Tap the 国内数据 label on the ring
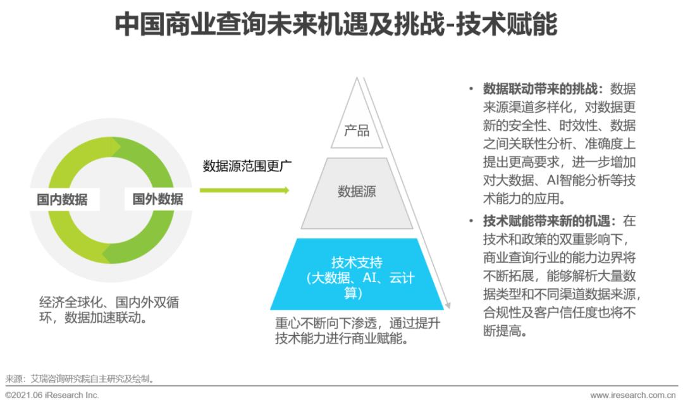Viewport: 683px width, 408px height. (62, 201)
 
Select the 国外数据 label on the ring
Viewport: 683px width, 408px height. (157, 199)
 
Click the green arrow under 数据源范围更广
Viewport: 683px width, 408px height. (244, 190)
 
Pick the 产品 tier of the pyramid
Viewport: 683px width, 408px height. (357, 131)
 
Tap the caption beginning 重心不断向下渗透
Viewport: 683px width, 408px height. (357, 330)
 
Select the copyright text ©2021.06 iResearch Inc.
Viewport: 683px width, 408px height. (52, 395)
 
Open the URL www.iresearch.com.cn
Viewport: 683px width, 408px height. (632, 395)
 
